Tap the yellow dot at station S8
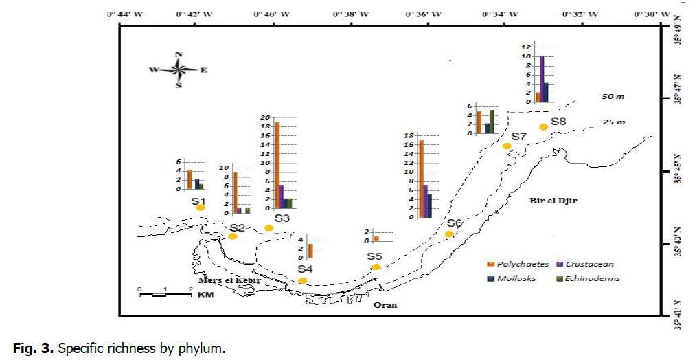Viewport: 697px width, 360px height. click(543, 126)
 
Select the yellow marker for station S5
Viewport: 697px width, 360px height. click(376, 267)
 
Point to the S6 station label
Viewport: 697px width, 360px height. click(455, 223)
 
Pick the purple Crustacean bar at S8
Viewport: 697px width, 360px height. click(542, 79)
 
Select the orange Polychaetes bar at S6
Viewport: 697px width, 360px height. click(421, 179)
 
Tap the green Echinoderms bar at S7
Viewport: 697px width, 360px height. click(492, 121)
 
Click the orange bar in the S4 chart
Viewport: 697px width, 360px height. click(310, 251)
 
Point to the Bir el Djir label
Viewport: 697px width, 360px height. click(553, 201)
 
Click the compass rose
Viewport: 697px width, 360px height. click(179, 69)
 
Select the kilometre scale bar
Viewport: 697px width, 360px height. click(165, 295)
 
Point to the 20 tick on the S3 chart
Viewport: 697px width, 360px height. click(266, 117)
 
